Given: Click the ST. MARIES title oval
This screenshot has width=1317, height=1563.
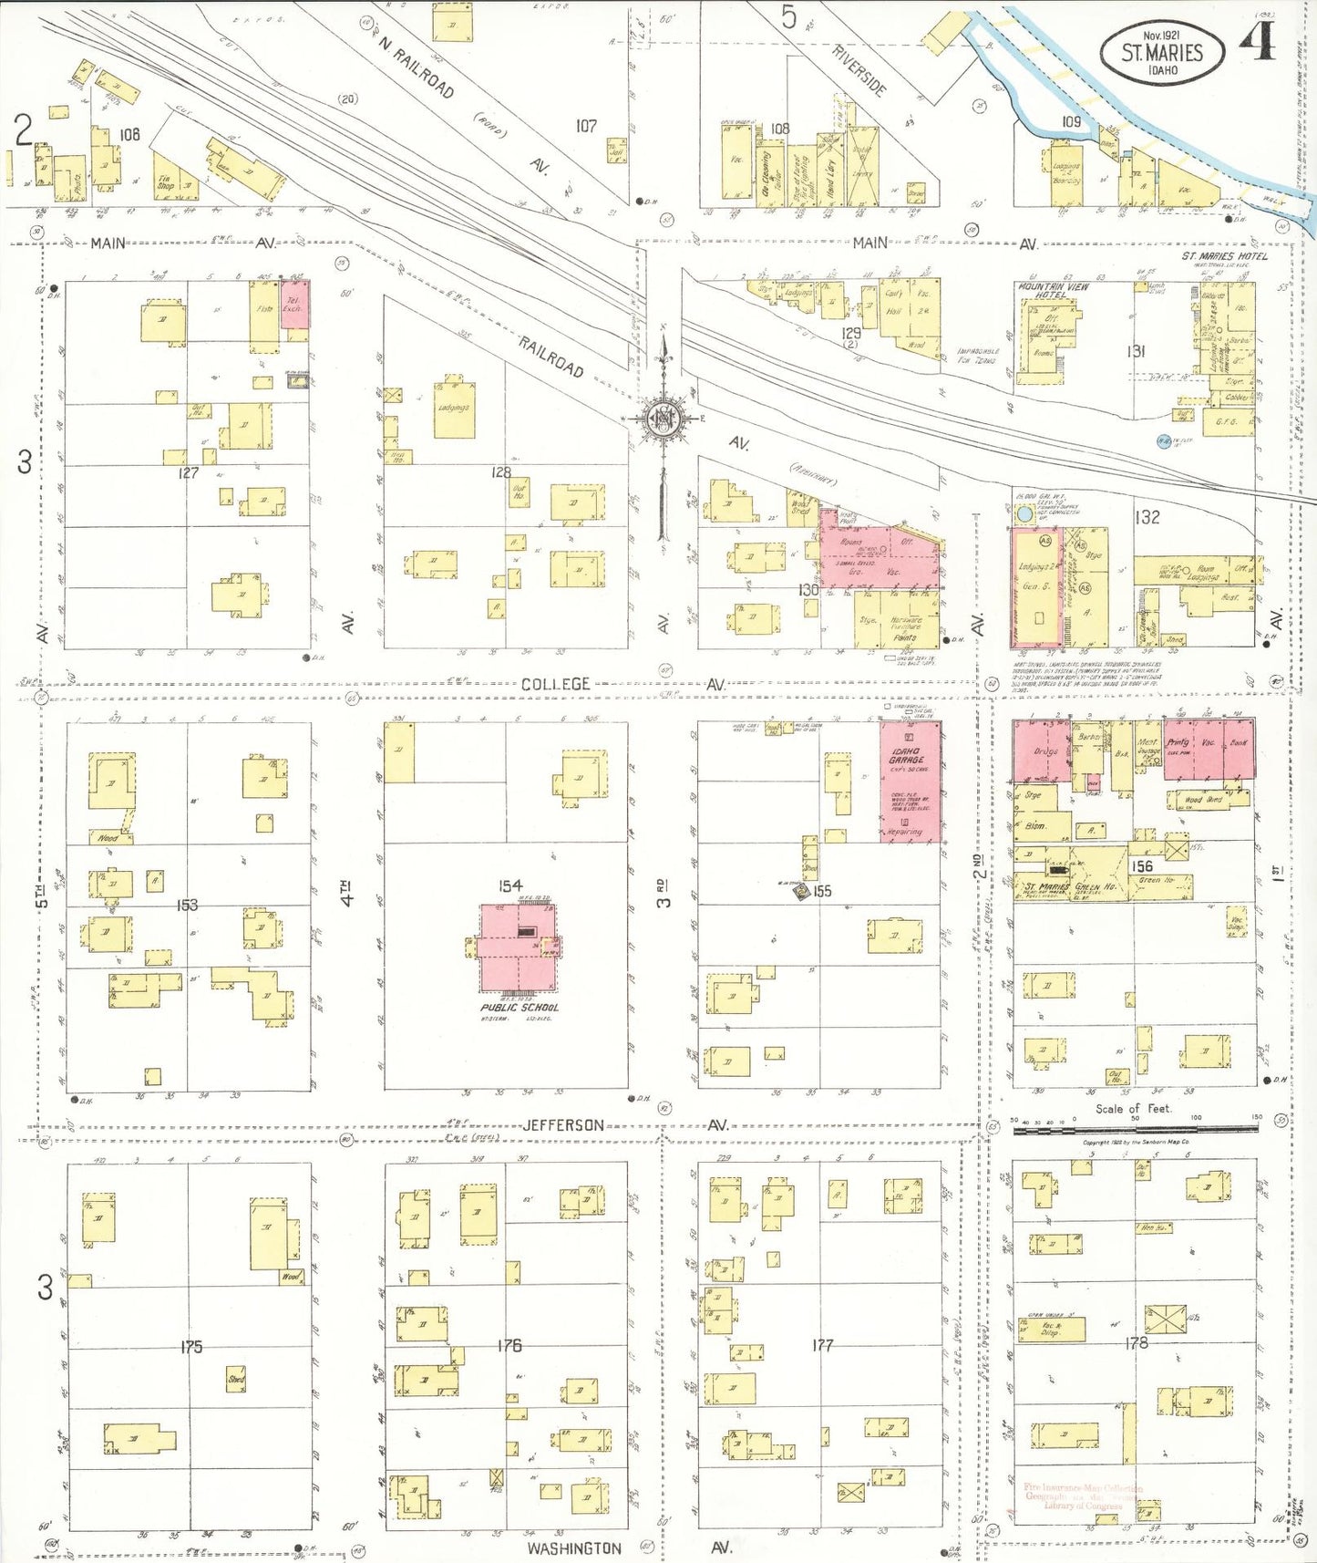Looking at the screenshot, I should [1162, 54].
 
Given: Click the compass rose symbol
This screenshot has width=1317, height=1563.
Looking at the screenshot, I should [664, 419].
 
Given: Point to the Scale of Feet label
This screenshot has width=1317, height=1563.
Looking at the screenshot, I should [1133, 1109].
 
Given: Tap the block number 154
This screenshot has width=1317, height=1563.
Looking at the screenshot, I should [510, 885].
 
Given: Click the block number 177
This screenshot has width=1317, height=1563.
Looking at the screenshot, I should [822, 1344].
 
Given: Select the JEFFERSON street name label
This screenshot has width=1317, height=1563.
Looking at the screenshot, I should [563, 1125].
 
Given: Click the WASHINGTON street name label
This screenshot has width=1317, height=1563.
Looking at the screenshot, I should [574, 1548].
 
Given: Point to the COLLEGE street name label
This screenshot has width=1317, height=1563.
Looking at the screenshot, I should [556, 684].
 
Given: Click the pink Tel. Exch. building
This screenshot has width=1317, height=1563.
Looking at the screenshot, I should [295, 305].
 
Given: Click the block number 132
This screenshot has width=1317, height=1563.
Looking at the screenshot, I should [1147, 517].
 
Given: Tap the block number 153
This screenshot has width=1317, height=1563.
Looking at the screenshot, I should [187, 905].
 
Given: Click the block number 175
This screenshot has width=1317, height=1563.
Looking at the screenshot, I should [190, 1346].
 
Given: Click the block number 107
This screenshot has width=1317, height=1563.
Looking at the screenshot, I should [585, 126].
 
